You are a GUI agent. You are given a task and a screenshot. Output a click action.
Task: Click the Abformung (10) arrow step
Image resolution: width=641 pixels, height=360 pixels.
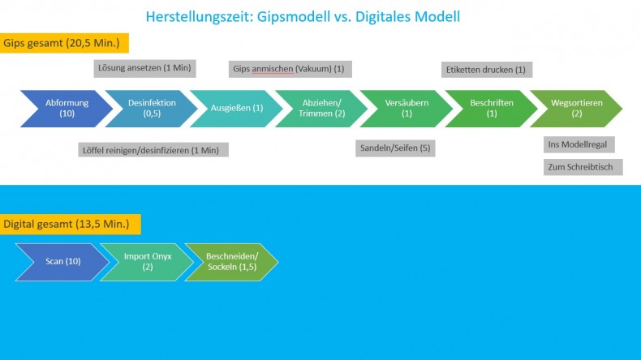click(x=67, y=109)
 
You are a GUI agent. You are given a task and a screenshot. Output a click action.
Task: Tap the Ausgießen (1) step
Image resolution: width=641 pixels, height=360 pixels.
click(x=236, y=109)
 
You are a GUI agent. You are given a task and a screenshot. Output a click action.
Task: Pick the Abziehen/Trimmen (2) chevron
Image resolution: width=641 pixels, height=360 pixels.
click(x=321, y=109)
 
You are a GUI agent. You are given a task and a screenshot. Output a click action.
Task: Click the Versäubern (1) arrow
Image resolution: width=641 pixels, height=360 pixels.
click(x=407, y=109)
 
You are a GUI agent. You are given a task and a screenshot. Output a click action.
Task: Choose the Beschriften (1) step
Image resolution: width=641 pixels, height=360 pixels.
click(x=492, y=109)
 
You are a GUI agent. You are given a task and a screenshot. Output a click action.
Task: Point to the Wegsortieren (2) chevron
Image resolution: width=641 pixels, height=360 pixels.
click(x=576, y=109)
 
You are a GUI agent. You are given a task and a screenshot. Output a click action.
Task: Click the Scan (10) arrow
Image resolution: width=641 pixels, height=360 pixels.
click(x=62, y=262)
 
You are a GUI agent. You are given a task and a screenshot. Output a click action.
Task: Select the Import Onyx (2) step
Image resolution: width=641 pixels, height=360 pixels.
click(x=147, y=262)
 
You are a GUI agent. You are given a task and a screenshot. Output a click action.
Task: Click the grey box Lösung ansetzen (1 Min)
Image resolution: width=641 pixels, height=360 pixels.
click(x=144, y=68)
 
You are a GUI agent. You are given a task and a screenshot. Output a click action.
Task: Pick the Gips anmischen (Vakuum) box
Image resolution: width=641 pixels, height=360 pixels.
click(x=290, y=69)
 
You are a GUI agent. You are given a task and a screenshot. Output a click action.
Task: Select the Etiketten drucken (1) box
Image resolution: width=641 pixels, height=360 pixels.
click(x=487, y=70)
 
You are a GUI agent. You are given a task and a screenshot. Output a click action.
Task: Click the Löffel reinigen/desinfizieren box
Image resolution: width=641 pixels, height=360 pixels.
click(x=153, y=150)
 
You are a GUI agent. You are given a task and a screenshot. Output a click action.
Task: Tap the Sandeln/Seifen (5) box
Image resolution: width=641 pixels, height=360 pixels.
click(x=395, y=148)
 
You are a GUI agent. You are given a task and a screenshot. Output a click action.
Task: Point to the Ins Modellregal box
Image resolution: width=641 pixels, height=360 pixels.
click(x=579, y=144)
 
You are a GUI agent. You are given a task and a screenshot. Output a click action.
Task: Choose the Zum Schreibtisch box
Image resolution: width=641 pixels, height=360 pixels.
click(x=583, y=167)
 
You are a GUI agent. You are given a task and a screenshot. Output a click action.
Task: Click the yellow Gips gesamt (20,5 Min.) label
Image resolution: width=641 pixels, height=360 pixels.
click(x=64, y=43)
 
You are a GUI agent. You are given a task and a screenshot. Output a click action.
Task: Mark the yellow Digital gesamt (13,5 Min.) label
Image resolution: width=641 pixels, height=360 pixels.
click(x=71, y=225)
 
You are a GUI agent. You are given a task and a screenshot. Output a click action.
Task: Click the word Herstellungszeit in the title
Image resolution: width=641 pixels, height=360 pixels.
click(x=199, y=17)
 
